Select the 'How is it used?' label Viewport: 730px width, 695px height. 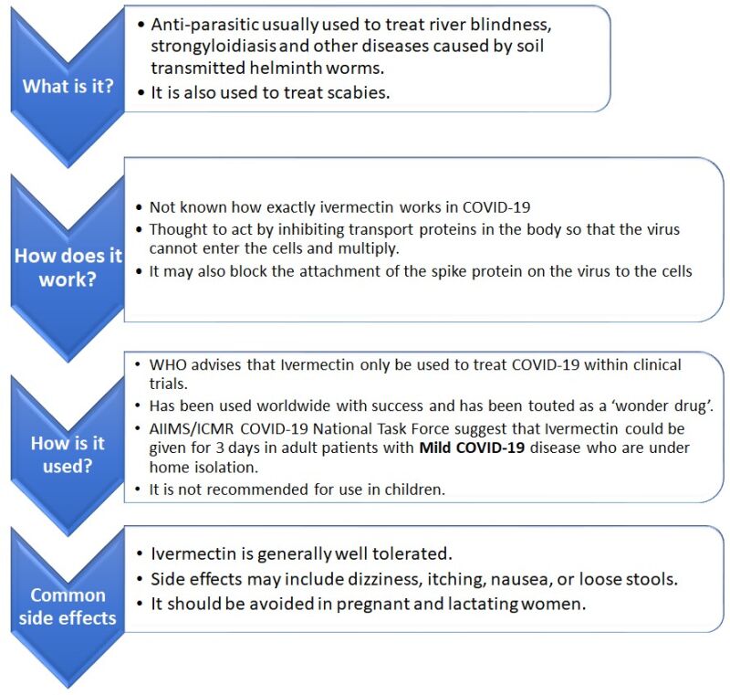67,455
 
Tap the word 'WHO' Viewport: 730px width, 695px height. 167,365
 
